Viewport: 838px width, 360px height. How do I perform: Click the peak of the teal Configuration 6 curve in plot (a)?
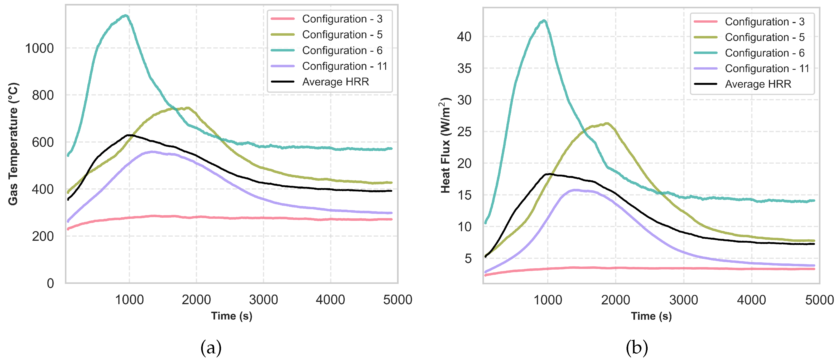[125, 15]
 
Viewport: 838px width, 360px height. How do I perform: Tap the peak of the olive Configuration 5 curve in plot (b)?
[607, 123]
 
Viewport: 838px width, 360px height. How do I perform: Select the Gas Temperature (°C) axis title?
[13, 144]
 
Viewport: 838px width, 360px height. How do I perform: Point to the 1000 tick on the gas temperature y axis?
[39, 49]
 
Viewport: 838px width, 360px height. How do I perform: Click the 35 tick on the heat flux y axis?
[464, 69]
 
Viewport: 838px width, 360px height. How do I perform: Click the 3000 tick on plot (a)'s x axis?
[263, 300]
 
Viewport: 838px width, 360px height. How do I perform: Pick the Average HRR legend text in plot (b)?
[758, 84]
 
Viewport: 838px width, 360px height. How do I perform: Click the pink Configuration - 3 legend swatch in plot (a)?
[282, 19]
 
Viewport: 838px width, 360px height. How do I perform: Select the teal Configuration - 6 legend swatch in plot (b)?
[705, 53]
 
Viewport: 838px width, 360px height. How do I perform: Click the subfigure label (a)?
[211, 348]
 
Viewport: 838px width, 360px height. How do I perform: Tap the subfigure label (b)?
[637, 348]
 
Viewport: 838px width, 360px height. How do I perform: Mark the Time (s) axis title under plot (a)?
[232, 316]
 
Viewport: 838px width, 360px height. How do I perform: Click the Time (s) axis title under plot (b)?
[651, 316]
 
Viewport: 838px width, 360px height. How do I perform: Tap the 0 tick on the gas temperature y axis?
[50, 283]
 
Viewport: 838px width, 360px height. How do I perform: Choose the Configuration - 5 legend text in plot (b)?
[765, 37]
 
